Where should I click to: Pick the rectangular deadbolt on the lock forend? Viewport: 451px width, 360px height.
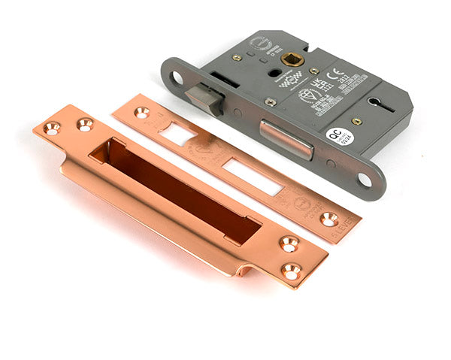coord(286,139)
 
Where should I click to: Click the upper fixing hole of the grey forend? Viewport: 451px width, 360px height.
coord(177,77)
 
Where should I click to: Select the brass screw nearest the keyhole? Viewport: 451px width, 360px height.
coord(358,120)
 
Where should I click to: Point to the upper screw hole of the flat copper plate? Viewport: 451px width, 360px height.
coord(142,113)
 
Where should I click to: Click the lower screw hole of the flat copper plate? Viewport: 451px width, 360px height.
coord(329,219)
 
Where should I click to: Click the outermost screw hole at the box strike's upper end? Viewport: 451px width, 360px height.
coord(51,129)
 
